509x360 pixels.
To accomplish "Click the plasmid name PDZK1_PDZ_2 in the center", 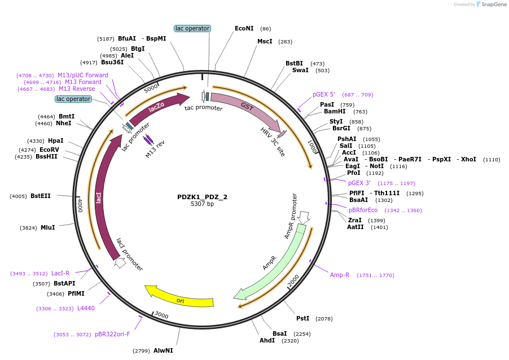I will (202, 197).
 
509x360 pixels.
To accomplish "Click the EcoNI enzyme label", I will (244, 28).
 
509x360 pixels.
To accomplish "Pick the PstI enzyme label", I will (303, 319).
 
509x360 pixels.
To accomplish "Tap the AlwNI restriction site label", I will (163, 350).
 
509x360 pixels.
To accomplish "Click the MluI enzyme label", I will (47, 227).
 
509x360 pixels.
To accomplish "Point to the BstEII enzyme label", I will (41, 196).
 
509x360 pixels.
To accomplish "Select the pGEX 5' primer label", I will (324, 94).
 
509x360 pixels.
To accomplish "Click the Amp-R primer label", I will (340, 275).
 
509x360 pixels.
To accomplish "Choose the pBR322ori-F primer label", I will (112, 334).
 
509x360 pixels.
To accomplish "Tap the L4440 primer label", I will (86, 308).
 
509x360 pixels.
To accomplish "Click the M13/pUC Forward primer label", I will (83, 75).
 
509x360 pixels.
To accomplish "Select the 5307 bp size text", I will (202, 204).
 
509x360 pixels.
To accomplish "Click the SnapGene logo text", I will (493, 5).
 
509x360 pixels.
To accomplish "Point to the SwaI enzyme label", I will (300, 70).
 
